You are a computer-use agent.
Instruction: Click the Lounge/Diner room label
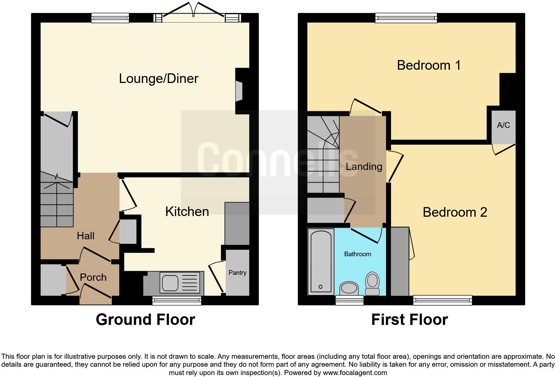click(158, 79)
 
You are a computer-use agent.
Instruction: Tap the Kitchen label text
click(187, 211)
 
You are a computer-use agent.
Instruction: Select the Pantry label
click(237, 272)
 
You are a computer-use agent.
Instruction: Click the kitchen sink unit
click(180, 283)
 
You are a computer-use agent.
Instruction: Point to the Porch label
click(93, 277)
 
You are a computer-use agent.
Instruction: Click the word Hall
click(86, 236)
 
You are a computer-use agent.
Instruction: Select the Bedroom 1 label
click(429, 65)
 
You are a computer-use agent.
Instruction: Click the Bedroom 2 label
click(454, 212)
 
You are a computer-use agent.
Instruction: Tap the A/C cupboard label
click(503, 125)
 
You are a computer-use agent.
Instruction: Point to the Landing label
click(364, 166)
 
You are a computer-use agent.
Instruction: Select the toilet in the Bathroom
click(372, 284)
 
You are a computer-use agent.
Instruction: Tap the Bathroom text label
click(357, 254)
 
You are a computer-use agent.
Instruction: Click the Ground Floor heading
click(145, 320)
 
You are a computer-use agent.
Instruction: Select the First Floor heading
click(409, 320)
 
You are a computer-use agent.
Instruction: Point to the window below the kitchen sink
click(177, 301)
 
